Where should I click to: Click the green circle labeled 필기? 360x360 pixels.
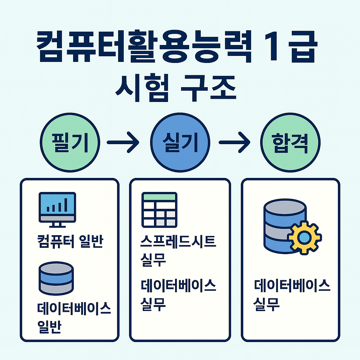(x=71, y=142)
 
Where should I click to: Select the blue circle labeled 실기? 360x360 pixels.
(x=180, y=142)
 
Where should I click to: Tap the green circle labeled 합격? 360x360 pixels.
(x=290, y=142)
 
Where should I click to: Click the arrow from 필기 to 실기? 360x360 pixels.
(x=122, y=143)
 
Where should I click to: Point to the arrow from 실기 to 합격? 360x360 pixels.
(x=234, y=143)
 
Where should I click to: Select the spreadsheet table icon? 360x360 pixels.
(x=159, y=210)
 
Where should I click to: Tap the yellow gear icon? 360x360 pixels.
(x=304, y=237)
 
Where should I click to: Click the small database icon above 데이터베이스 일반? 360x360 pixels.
(x=56, y=277)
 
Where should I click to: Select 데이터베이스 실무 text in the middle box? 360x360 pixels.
(x=178, y=295)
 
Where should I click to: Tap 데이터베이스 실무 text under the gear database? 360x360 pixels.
(x=292, y=295)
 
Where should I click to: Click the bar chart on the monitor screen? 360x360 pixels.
(x=57, y=206)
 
